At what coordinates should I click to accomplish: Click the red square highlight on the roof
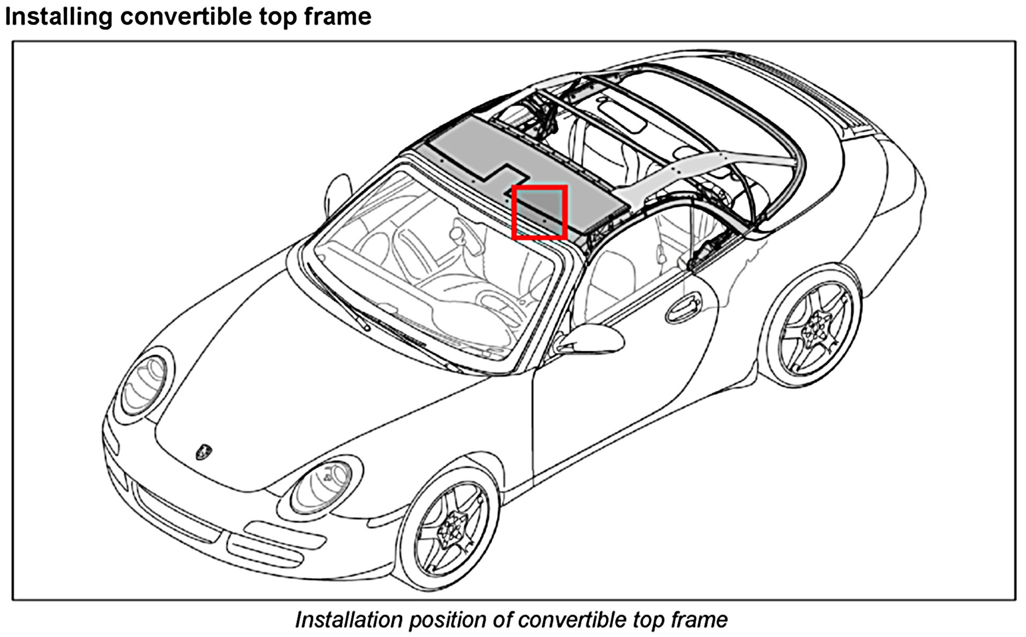pyautogui.click(x=539, y=212)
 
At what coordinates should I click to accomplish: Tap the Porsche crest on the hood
pyautogui.click(x=204, y=451)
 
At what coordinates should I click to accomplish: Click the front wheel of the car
pyautogui.click(x=450, y=528)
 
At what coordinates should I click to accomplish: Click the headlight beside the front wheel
pyautogui.click(x=322, y=485)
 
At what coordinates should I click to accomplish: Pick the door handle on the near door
pyautogui.click(x=684, y=307)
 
